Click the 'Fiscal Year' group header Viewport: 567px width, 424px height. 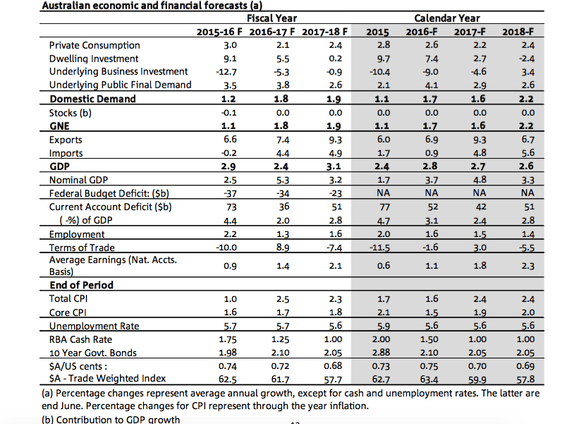pyautogui.click(x=272, y=18)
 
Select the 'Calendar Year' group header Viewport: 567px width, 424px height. pyautogui.click(x=447, y=18)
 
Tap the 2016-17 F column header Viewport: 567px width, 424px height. pyautogui.click(x=272, y=32)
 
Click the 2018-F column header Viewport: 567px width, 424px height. pyautogui.click(x=518, y=32)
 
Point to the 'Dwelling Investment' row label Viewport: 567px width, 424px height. pyautogui.click(x=94, y=59)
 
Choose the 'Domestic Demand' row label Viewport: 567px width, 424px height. pyautogui.click(x=92, y=99)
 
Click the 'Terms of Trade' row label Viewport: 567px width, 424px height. pyautogui.click(x=82, y=248)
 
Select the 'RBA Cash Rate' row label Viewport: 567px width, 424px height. pyautogui.click(x=80, y=339)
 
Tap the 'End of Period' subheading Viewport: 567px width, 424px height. pyautogui.click(x=81, y=285)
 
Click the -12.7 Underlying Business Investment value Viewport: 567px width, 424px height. pyautogui.click(x=226, y=72)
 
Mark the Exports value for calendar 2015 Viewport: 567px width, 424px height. pyautogui.click(x=384, y=140)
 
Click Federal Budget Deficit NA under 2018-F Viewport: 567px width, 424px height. pyautogui.click(x=528, y=193)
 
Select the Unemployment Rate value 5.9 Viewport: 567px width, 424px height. pyautogui.click(x=384, y=327)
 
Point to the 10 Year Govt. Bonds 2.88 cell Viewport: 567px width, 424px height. pyautogui.click(x=381, y=352)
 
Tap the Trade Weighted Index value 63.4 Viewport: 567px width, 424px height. pyautogui.click(x=429, y=380)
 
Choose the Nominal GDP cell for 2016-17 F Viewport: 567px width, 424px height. pyautogui.click(x=283, y=180)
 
